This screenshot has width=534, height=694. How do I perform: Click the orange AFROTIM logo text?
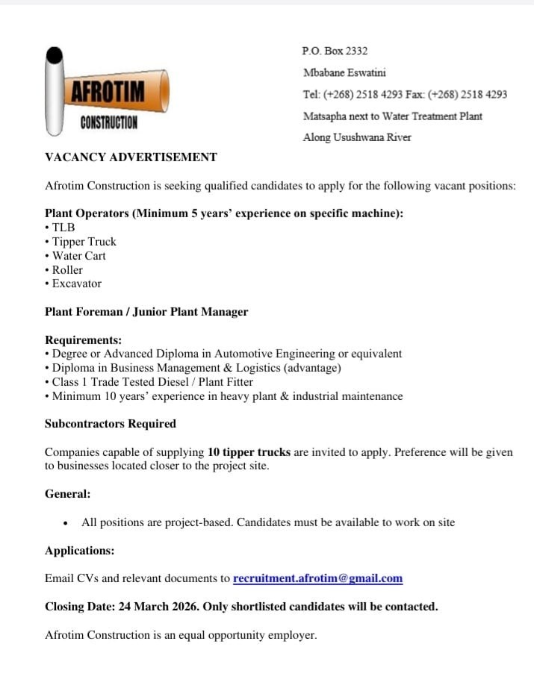point(108,92)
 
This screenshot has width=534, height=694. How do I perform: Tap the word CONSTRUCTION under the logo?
point(109,123)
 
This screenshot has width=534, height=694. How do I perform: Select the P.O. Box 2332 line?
point(335,51)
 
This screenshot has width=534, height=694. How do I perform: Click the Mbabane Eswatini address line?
point(344,73)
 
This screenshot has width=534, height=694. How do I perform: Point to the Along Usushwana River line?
point(357,137)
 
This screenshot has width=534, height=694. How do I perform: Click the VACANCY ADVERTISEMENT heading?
point(131,157)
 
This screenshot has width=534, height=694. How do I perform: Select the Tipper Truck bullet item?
point(84,242)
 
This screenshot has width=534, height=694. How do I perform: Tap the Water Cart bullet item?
point(78,256)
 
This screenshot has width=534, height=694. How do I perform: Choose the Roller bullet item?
point(67,270)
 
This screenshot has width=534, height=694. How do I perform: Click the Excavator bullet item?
point(76,284)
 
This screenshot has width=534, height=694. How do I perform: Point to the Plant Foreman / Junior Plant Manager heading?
point(146,312)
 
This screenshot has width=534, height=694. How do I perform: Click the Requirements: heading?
point(83,340)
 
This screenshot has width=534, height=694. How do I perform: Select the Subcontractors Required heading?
point(111,424)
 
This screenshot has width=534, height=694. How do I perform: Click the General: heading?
point(67,494)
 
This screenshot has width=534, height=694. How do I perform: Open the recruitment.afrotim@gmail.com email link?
point(317,578)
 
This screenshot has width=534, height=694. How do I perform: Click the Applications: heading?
point(80,551)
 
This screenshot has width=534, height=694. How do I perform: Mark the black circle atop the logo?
point(54,56)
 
